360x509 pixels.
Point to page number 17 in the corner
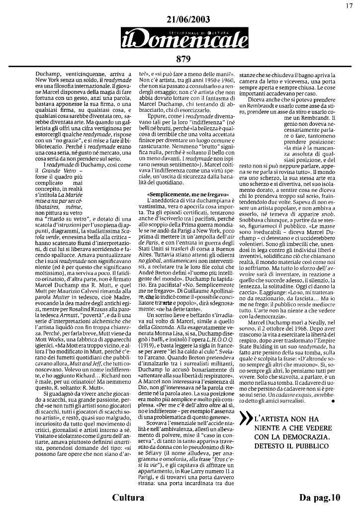[350, 5]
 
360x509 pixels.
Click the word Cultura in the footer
[128, 498]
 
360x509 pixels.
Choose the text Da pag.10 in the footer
[320, 498]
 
